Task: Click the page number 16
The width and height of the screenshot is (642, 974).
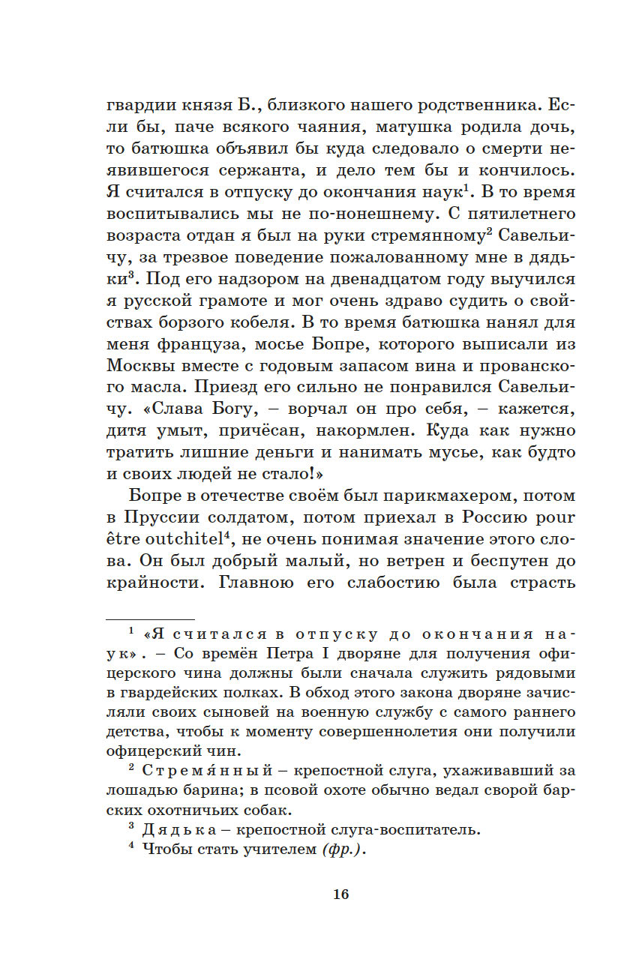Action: [340, 894]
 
